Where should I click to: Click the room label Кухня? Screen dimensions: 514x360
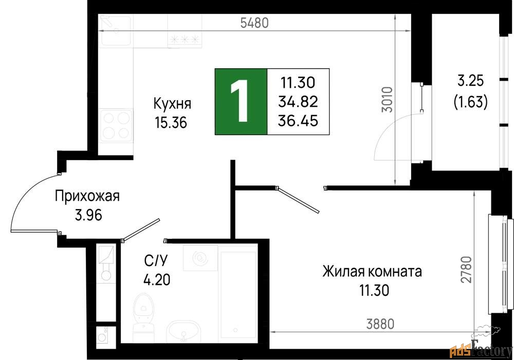tap(172, 104)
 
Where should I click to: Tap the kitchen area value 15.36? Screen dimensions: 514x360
tap(171, 123)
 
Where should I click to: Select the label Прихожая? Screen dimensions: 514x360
tap(87, 196)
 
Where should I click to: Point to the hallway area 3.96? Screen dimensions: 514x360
tap(88, 215)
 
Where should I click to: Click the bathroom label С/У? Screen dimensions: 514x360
tap(156, 261)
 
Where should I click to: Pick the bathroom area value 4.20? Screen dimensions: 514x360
tap(157, 280)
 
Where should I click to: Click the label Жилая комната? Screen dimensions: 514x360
tap(372, 272)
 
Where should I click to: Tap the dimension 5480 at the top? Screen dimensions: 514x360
tap(254, 23)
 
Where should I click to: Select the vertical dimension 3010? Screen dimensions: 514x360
tap(388, 100)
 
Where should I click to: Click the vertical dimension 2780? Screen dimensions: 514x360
tap(466, 269)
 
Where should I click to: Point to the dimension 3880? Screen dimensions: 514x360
tap(380, 324)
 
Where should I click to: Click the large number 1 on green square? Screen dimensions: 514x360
tap(240, 102)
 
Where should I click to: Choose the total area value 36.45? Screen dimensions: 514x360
tap(298, 121)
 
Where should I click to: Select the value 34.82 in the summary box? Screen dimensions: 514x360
tap(298, 102)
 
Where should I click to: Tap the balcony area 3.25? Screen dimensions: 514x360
tap(471, 81)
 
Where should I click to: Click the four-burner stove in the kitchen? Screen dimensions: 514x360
tap(116, 125)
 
